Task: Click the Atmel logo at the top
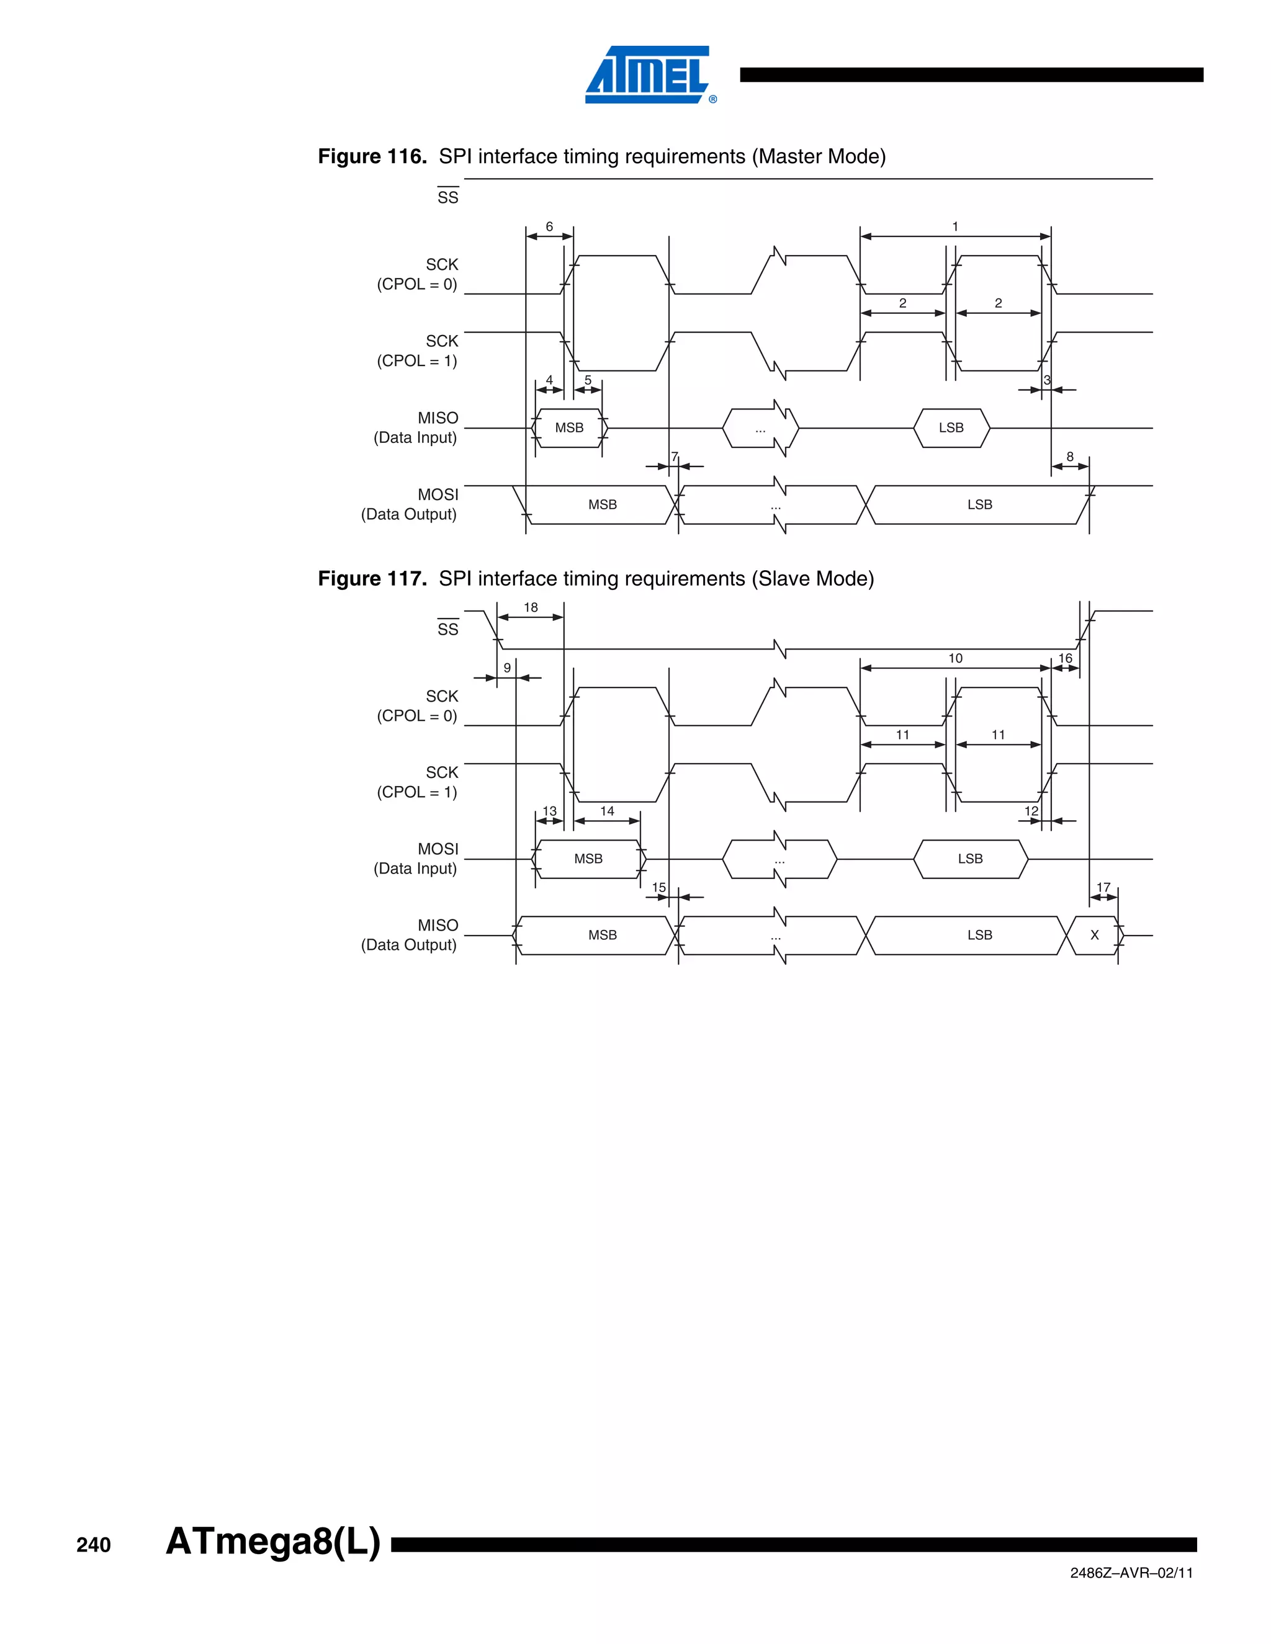649,74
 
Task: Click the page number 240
93,1545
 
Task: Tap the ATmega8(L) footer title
272,1541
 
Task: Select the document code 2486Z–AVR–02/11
1131,1573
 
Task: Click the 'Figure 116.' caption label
372,156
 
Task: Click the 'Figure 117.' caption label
372,579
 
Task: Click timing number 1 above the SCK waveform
954,226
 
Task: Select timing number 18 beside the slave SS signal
531,607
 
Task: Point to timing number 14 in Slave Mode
607,811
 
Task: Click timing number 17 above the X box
1103,888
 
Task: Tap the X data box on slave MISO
1094,936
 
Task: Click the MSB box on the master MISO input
569,428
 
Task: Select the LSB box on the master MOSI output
979,505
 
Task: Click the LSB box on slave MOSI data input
970,859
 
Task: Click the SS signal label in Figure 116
447,197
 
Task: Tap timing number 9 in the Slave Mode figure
507,668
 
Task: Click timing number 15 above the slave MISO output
659,888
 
